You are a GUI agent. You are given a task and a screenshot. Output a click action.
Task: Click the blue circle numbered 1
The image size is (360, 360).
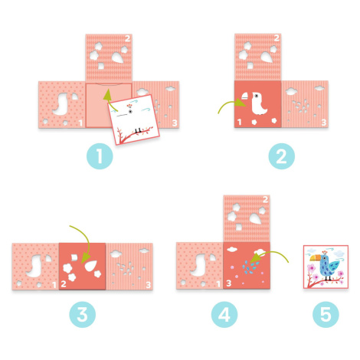(100, 156)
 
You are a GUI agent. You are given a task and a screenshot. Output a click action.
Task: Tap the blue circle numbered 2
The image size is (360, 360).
(281, 156)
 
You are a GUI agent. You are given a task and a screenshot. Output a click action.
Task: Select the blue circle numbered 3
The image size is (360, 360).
(83, 314)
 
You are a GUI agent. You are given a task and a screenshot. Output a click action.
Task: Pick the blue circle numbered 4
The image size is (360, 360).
(224, 314)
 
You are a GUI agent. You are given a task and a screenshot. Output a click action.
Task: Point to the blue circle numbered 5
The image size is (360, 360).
(326, 314)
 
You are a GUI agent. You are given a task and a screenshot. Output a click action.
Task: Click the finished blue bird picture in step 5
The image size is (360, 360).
(326, 267)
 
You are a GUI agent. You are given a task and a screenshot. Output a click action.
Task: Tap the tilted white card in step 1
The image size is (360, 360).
(133, 119)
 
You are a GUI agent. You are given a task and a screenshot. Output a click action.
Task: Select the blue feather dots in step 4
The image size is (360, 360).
(250, 268)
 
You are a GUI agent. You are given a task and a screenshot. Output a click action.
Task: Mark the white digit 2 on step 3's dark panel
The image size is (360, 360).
(64, 284)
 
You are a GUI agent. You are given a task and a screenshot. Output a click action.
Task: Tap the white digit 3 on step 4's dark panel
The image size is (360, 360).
(228, 283)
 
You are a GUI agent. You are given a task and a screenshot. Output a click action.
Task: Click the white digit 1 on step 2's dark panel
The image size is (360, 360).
(240, 123)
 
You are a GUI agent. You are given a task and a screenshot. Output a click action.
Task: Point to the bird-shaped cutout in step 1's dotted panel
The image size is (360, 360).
(61, 104)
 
